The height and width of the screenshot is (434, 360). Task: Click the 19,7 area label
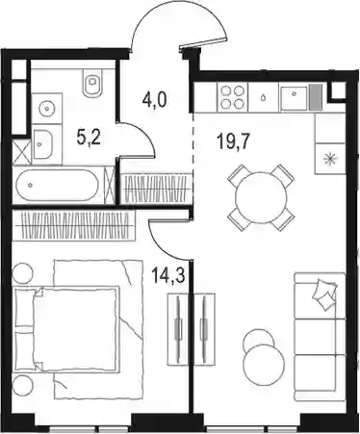coord(233,141)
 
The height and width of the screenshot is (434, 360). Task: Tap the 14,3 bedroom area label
coord(168,276)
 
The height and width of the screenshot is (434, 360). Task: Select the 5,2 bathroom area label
coord(89,139)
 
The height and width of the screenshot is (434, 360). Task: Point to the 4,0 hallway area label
coord(155,100)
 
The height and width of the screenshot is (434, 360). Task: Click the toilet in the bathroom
coord(93,82)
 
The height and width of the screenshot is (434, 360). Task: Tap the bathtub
coord(57,185)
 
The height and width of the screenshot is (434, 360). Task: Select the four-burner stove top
coord(233,97)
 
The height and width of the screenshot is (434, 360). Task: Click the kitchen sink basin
coord(294,97)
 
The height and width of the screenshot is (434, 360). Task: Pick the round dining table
coord(261,197)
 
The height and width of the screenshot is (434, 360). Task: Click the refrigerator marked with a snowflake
coord(330,159)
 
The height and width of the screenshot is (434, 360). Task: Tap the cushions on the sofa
coord(324,294)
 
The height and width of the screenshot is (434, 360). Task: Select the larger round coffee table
coord(264,365)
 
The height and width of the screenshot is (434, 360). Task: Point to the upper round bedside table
coord(22,273)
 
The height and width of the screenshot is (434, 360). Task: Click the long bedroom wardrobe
coord(73,226)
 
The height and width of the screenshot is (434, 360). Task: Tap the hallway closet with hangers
coord(157,189)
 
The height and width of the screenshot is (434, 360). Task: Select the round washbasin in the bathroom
coord(47,109)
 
